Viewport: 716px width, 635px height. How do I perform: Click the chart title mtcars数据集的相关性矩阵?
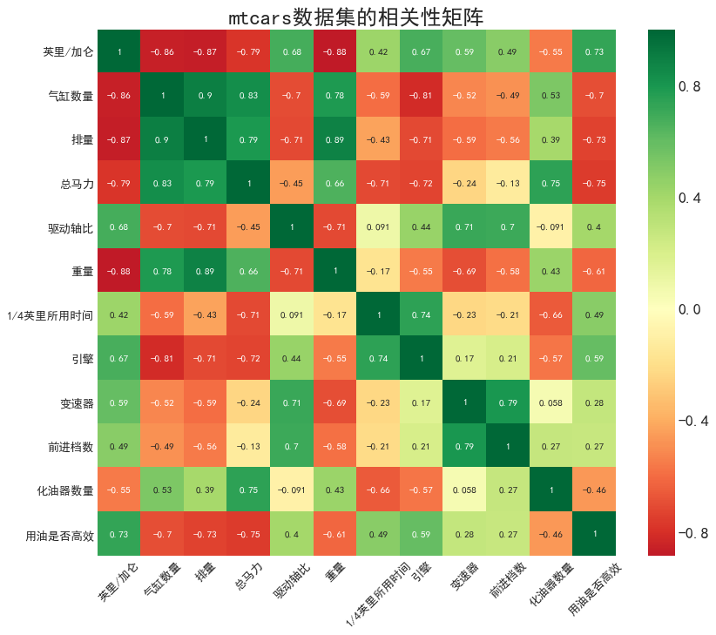[x=356, y=17]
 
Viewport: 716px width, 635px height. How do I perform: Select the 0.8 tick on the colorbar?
[x=691, y=86]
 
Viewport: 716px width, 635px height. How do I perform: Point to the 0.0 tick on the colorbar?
[x=691, y=309]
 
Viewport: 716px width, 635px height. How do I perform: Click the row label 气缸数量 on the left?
[x=71, y=95]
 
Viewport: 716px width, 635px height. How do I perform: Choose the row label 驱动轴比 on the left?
[x=71, y=226]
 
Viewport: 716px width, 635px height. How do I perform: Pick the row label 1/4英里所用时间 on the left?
[x=55, y=314]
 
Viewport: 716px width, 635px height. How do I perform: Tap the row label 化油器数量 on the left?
[x=65, y=490]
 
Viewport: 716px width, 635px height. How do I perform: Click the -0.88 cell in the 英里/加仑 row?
[x=335, y=51]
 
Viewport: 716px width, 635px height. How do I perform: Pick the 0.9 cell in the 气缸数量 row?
[x=206, y=95]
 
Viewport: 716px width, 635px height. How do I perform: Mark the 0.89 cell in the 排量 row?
[x=335, y=139]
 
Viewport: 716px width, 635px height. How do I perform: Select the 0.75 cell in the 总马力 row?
[x=551, y=183]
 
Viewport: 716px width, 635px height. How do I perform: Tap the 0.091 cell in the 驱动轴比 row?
[x=379, y=226]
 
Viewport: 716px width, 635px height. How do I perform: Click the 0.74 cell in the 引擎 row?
[x=379, y=358]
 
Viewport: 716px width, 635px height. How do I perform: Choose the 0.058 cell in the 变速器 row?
[x=551, y=402]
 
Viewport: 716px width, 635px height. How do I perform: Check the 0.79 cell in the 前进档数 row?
[x=465, y=446]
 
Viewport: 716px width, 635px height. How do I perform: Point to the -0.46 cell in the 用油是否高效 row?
[x=551, y=534]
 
